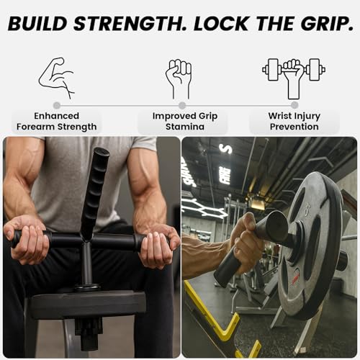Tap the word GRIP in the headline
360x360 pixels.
(318, 25)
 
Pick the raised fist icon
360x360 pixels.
(179, 78)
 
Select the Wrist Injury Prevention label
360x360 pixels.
(294, 121)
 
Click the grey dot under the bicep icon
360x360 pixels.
(57, 105)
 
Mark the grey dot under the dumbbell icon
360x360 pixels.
(294, 105)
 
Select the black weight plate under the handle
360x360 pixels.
(86, 303)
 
